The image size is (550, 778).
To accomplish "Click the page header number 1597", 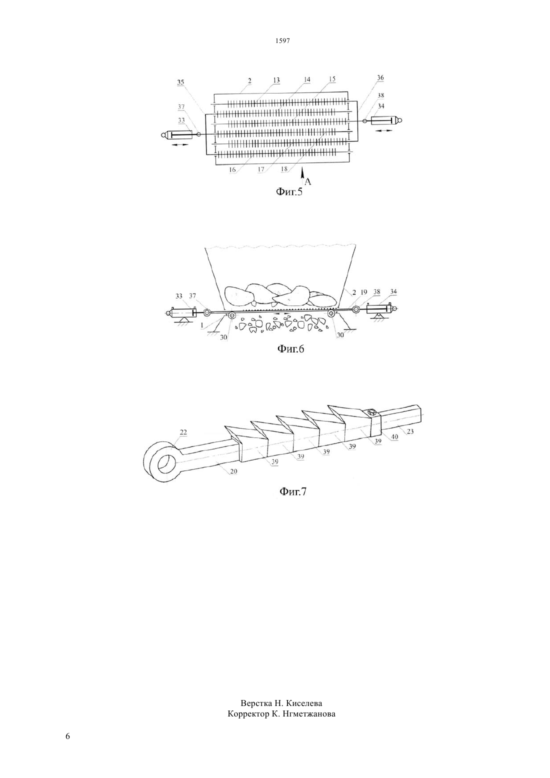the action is (x=282, y=40).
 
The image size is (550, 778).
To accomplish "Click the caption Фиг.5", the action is (x=289, y=191).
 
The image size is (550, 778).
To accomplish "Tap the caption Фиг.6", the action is (x=290, y=348).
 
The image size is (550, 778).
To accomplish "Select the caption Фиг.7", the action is (x=293, y=491).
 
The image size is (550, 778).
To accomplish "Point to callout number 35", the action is (x=180, y=82).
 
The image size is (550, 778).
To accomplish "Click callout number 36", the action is (x=380, y=77).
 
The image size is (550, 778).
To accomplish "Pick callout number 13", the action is (x=276, y=80).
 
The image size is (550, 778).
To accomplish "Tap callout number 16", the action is (x=232, y=169).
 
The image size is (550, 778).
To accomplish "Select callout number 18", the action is (x=284, y=168).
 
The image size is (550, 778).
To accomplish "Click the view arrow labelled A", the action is (x=302, y=174).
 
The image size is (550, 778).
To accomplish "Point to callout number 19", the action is (x=363, y=292).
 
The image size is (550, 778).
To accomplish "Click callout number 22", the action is (x=183, y=432).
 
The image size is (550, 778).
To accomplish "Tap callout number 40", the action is (x=394, y=437).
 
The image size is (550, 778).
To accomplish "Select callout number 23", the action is (x=410, y=431).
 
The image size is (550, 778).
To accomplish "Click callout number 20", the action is (x=233, y=471).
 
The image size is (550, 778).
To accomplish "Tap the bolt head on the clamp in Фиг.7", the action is (x=372, y=412).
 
